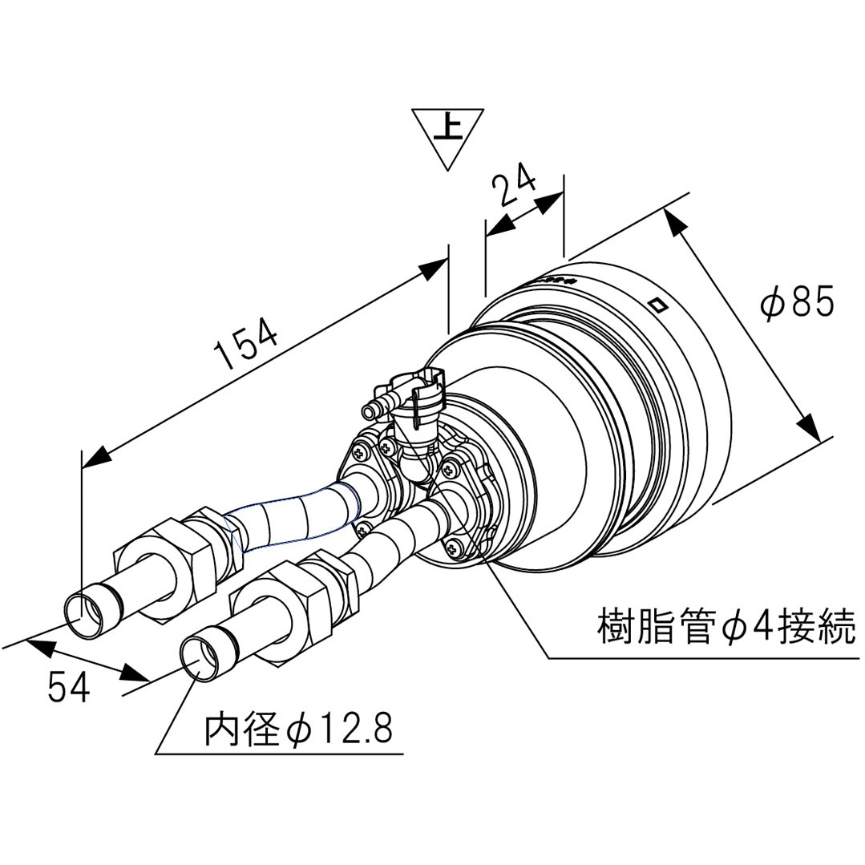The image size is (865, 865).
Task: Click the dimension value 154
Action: [247, 343]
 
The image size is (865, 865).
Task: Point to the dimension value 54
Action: [69, 686]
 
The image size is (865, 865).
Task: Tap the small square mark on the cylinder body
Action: [657, 305]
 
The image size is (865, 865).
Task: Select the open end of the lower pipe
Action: [196, 657]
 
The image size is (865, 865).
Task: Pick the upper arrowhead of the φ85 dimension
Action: [675, 222]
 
